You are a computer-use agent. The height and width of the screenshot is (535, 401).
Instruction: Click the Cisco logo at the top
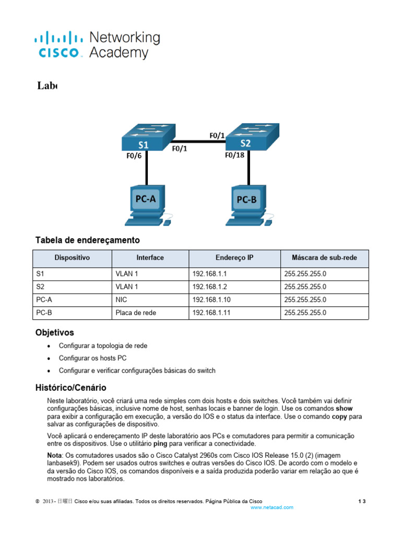[58, 44]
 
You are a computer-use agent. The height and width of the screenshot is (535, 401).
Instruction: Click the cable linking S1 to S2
[199, 141]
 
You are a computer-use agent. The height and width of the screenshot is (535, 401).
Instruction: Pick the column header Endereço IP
[234, 258]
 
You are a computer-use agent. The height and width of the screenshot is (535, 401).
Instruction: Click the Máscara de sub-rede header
[324, 258]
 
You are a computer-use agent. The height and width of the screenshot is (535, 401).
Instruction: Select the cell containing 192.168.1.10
[208, 300]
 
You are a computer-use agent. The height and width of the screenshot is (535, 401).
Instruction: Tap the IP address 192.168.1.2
[206, 286]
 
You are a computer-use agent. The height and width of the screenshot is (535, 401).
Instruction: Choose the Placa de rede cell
[136, 313]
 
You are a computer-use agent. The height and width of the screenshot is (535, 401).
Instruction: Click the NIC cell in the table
[121, 300]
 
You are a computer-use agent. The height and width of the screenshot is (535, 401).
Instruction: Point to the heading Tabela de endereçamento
[88, 240]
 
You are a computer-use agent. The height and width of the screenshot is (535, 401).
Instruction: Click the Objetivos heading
[54, 332]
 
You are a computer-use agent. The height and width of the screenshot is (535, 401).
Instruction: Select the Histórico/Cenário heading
[70, 388]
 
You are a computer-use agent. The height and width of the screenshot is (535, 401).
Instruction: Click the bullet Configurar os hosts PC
[92, 358]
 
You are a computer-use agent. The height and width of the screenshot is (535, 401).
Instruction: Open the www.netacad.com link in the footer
[272, 507]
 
